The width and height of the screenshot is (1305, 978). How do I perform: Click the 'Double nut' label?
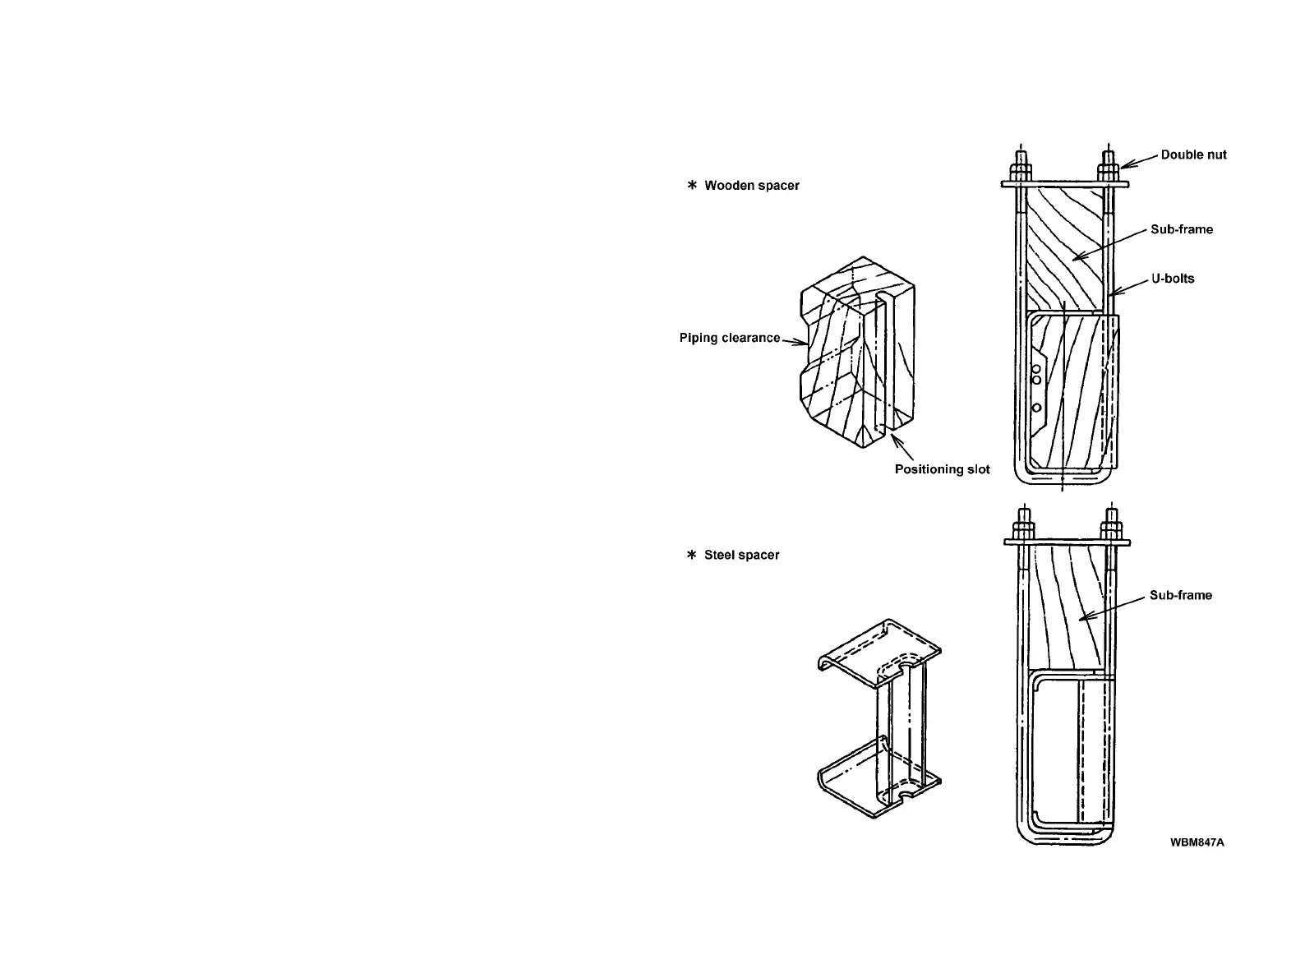click(1193, 155)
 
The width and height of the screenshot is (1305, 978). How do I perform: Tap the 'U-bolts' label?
click(1173, 279)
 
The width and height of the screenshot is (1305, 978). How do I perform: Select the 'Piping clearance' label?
click(729, 338)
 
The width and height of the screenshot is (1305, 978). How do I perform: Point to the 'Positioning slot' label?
click(942, 469)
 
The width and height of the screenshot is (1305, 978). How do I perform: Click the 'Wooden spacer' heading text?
click(751, 186)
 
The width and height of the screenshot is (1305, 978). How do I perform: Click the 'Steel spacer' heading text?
click(741, 555)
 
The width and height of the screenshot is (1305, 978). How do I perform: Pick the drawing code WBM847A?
click(1197, 842)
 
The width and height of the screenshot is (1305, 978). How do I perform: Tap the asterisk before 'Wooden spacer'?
click(692, 186)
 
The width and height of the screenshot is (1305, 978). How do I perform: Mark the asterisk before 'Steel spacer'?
click(692, 555)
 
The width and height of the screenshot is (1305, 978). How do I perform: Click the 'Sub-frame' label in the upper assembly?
click(1181, 229)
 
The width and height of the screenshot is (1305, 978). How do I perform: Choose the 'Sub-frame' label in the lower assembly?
click(1180, 595)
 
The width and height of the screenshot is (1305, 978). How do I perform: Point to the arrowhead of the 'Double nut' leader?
click(1123, 168)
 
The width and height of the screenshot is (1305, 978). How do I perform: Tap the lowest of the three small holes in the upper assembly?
click(1036, 408)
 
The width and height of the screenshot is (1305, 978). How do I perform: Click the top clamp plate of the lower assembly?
click(1067, 542)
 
